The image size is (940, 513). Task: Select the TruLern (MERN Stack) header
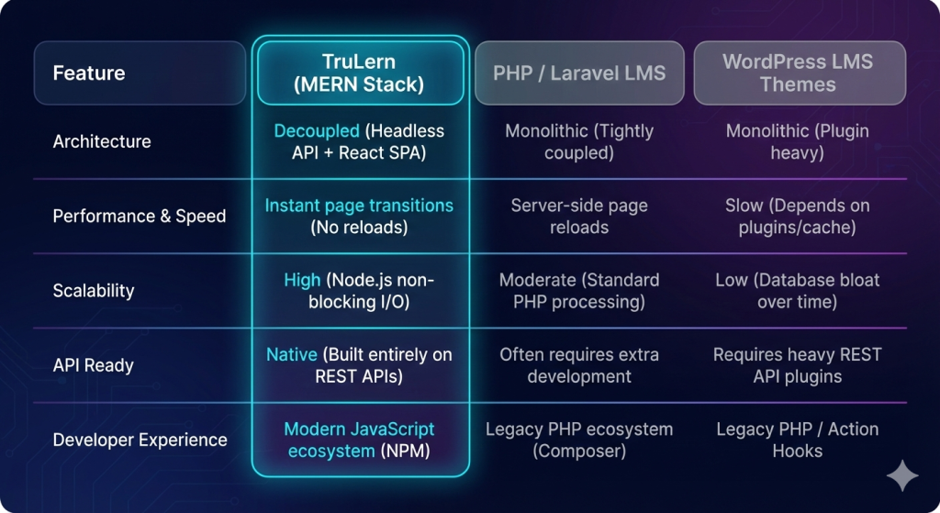360,72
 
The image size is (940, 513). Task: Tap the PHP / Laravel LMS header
579,72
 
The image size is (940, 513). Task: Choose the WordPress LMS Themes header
799,72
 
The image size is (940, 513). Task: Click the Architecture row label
102,141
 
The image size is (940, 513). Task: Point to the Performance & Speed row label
140,217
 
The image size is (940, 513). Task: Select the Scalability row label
94,291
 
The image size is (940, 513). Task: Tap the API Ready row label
94,365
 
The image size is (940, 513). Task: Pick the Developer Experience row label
140,440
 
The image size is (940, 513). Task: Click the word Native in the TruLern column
291,354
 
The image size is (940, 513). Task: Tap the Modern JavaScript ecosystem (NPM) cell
359,440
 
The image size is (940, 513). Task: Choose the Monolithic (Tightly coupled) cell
579,141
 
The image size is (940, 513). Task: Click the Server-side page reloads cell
579,217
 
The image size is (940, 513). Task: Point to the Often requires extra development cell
579,365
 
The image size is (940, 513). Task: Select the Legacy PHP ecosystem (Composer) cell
579,440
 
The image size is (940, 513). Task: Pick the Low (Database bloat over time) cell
799,291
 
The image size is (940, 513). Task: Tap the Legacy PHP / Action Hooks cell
799,440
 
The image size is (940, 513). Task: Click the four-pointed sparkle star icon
901,476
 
